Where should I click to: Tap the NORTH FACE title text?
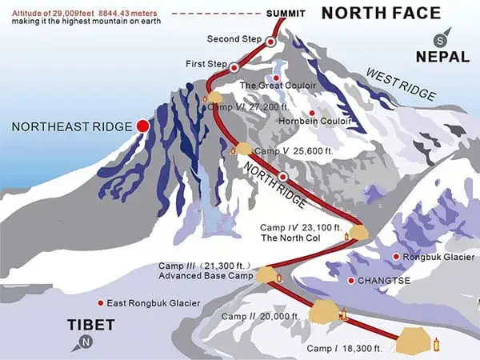(x=381, y=13)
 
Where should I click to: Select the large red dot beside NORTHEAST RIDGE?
(x=143, y=126)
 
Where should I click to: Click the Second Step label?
(x=234, y=39)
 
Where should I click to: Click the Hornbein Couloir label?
(x=310, y=121)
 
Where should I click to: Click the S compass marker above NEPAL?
(x=438, y=39)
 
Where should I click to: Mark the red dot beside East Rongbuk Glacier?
(x=100, y=303)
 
